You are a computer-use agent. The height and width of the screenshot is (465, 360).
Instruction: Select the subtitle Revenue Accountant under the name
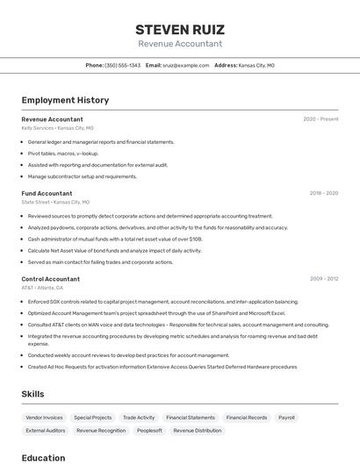pyautogui.click(x=179, y=44)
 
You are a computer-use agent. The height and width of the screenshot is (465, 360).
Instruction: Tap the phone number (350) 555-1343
pyautogui.click(x=122, y=65)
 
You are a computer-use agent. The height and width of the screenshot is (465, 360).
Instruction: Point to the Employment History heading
pyautogui.click(x=65, y=100)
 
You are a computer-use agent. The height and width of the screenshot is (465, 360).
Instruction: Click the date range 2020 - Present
pyautogui.click(x=320, y=119)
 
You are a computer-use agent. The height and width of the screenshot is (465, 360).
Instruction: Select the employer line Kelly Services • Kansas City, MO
pyautogui.click(x=56, y=128)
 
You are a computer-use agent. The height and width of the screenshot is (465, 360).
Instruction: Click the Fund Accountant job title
pyautogui.click(x=47, y=193)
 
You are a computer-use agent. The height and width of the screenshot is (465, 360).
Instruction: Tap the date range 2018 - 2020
pyautogui.click(x=323, y=193)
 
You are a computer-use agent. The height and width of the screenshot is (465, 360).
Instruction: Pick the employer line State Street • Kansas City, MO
pyautogui.click(x=56, y=202)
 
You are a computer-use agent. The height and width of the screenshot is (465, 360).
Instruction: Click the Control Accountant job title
pyautogui.click(x=50, y=279)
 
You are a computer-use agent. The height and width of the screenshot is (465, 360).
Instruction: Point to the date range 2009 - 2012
pyautogui.click(x=323, y=279)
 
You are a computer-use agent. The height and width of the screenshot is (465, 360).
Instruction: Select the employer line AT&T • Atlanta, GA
pyautogui.click(x=42, y=288)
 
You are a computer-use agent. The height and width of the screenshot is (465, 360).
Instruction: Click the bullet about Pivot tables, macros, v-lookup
pyautogui.click(x=63, y=154)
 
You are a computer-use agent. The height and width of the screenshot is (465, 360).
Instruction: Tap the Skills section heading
pyautogui.click(x=32, y=394)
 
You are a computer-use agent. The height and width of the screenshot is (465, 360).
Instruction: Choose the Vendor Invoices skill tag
pyautogui.click(x=45, y=418)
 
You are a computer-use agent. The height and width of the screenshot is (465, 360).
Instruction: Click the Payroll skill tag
pyautogui.click(x=286, y=418)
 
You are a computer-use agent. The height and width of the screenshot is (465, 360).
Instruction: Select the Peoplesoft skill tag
pyautogui.click(x=149, y=431)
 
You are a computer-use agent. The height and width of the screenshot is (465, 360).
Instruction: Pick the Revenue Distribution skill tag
pyautogui.click(x=198, y=431)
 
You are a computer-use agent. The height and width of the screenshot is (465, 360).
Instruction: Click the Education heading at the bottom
pyautogui.click(x=43, y=457)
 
